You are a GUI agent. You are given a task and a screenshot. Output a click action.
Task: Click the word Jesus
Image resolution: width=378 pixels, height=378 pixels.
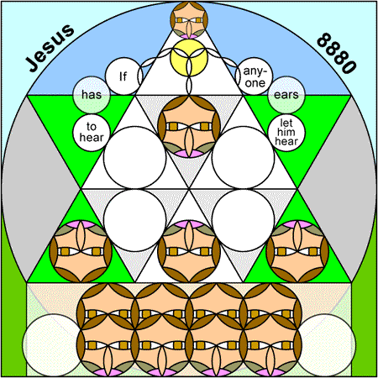[x=50, y=48]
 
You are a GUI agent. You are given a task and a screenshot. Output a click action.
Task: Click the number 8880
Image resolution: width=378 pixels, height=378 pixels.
[x=337, y=53]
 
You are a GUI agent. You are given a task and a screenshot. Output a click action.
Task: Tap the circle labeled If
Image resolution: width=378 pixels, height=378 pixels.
[x=123, y=76]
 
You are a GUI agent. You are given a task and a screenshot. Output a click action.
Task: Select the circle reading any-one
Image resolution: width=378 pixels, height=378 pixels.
[x=255, y=76]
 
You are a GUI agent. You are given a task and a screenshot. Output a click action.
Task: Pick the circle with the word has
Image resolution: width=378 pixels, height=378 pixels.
[x=92, y=95]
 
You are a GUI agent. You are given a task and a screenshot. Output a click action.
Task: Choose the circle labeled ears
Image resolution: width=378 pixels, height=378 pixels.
[x=286, y=95]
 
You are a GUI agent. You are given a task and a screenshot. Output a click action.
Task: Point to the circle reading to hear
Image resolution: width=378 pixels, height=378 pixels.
[x=92, y=133]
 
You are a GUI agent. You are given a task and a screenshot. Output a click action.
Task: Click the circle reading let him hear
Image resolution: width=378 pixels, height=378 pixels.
[x=286, y=133]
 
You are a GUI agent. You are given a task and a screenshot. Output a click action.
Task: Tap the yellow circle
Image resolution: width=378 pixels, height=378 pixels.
[x=189, y=57]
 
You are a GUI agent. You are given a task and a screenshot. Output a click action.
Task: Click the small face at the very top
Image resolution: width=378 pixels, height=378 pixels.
[x=189, y=20]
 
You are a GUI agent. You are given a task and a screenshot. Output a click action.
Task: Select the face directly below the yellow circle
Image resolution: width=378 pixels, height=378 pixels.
[x=189, y=126]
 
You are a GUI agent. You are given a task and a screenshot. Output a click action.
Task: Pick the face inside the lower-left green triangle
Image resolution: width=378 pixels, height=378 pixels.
[x=81, y=251]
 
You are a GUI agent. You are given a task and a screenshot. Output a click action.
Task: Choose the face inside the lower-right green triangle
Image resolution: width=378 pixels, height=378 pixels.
[x=297, y=251]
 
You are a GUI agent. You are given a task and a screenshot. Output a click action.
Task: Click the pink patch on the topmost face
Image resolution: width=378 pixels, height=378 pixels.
[x=189, y=37]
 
